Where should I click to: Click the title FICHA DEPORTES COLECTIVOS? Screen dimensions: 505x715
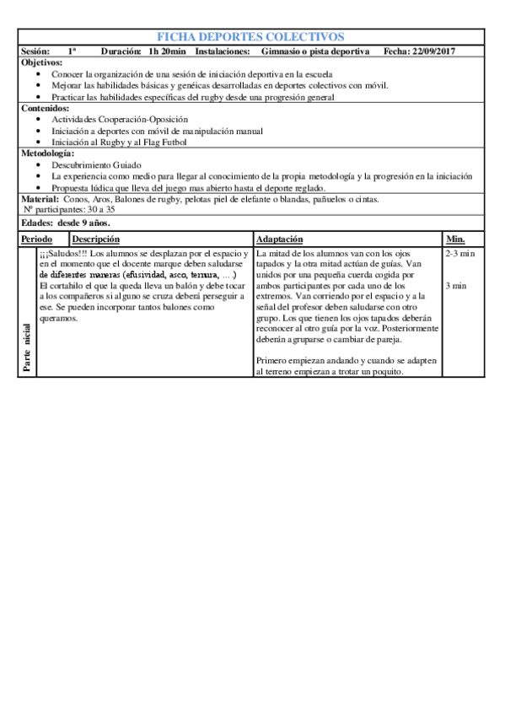click(250, 37)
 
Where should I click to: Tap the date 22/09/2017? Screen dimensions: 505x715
click(432, 52)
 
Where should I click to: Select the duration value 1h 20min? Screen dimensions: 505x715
click(166, 52)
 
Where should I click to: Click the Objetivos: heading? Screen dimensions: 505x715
click(41, 63)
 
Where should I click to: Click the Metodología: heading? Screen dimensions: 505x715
click(47, 153)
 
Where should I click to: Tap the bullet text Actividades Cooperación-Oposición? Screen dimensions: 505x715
click(109, 120)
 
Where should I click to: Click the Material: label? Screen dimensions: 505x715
click(39, 199)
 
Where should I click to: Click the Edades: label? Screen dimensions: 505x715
click(36, 223)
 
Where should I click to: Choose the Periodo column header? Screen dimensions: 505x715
click(36, 240)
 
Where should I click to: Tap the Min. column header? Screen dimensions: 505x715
click(455, 240)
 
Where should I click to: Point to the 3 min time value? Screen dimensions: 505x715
click(455, 287)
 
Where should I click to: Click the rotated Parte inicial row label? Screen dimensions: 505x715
click(28, 346)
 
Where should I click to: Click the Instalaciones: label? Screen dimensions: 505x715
click(222, 52)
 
